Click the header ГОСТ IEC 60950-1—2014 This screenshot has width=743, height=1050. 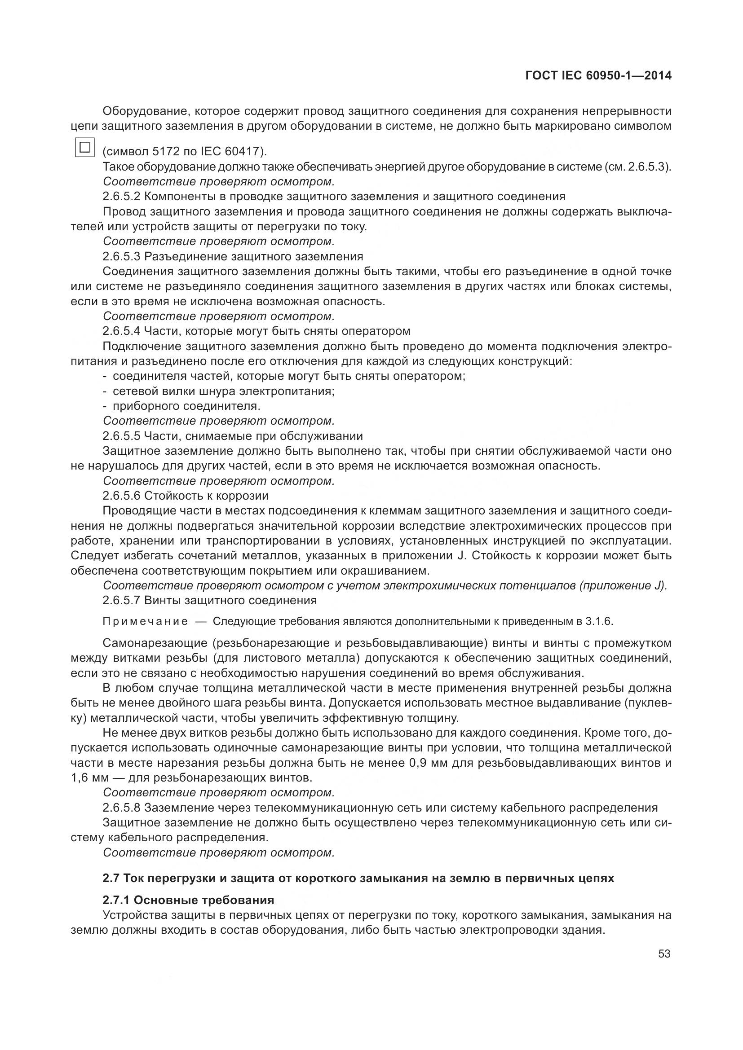pos(598,75)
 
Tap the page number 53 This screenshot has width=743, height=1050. pos(664,954)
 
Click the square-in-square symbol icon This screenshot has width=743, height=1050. pos(84,147)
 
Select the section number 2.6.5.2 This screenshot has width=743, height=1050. pos(121,197)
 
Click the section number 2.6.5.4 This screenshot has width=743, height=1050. pos(121,331)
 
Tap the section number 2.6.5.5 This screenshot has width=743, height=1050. pos(121,436)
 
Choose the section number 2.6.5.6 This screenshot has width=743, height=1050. pos(121,496)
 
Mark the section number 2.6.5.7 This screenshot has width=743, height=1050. pos(121,600)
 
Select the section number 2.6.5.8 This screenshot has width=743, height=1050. pos(121,808)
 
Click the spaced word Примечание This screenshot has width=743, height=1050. pos(145,621)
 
